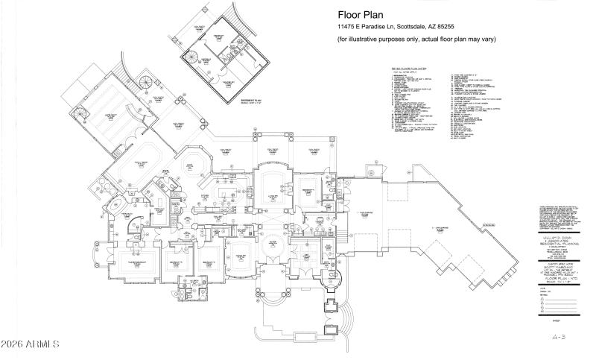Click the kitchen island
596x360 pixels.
227,193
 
